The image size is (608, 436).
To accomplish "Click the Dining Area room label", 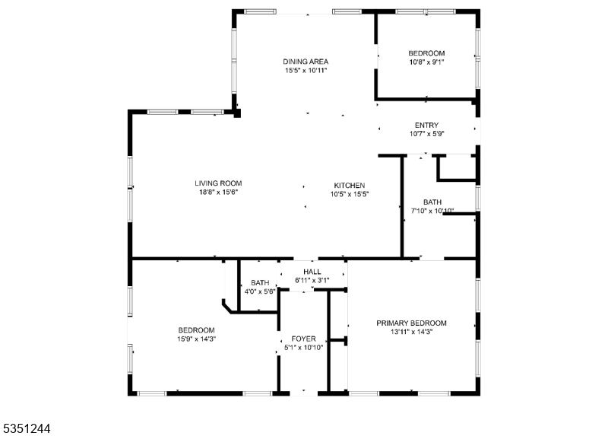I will pos(306,62).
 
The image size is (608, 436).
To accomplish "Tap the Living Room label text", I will pos(218,183).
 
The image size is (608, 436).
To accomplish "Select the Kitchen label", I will pos(350,186).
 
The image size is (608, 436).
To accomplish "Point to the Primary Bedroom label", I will pos(411,323).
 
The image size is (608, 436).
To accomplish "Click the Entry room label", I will pos(426,126).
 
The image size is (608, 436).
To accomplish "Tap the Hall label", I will pos(312,272).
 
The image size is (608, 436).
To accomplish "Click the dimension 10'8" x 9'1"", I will pos(426,62).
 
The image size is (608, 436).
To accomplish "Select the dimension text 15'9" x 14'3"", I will pos(197,339).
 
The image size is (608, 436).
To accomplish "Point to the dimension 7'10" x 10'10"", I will pos(432,211).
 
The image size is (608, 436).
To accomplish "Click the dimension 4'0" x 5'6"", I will pos(259,291).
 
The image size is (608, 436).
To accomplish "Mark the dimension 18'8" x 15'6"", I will pos(218,193).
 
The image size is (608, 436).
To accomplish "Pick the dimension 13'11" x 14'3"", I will pos(411,332).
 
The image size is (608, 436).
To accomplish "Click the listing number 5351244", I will pos(26,428).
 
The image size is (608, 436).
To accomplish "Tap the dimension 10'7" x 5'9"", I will pos(426,134).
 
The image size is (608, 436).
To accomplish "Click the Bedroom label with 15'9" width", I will pos(197,330).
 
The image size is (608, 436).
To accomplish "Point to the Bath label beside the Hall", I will pos(260,283).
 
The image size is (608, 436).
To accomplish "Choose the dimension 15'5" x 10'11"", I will pos(306,71).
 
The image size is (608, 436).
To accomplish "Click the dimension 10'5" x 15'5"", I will pos(350,195).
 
